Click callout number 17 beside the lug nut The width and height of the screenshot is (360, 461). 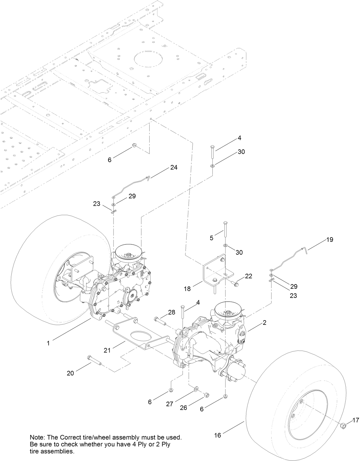355,420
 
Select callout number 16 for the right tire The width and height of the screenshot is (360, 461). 217,435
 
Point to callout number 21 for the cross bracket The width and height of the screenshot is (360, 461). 107,350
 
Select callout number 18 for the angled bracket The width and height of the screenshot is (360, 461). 187,289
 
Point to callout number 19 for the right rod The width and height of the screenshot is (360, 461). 330,240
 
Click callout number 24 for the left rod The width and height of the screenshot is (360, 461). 174,167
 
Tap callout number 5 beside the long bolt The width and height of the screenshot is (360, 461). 211,238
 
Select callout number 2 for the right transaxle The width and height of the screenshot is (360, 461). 264,323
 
